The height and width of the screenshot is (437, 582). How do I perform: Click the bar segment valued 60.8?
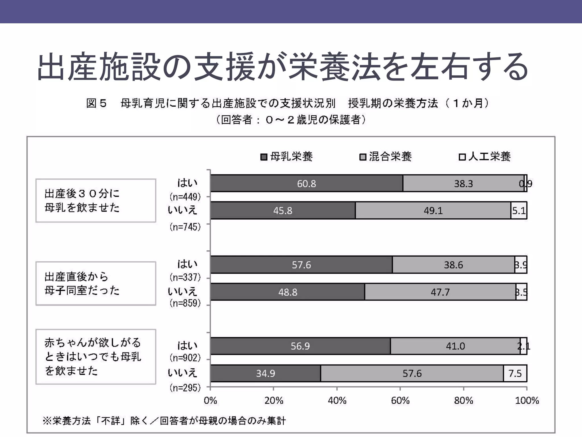307,184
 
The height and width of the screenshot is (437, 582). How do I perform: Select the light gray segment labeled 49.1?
433,211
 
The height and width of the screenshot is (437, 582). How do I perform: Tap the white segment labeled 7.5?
515,373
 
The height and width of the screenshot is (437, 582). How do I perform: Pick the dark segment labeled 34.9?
265,373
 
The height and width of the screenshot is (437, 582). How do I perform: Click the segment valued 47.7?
440,292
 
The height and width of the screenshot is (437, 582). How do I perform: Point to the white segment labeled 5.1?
519,211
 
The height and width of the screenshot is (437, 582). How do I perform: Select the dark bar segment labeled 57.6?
301,265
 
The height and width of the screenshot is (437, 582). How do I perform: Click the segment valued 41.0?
455,346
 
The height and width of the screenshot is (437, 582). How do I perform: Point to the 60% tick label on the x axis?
400,401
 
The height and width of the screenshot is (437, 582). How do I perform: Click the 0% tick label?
210,401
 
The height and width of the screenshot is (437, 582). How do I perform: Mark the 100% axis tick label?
527,401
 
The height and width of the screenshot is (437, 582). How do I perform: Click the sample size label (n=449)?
185,197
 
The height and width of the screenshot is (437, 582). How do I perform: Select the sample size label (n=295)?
185,387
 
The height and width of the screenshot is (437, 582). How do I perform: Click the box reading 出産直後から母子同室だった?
96,283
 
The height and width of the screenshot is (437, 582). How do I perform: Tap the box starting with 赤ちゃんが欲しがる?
96,357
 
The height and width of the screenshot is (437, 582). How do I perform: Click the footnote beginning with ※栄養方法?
164,420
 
